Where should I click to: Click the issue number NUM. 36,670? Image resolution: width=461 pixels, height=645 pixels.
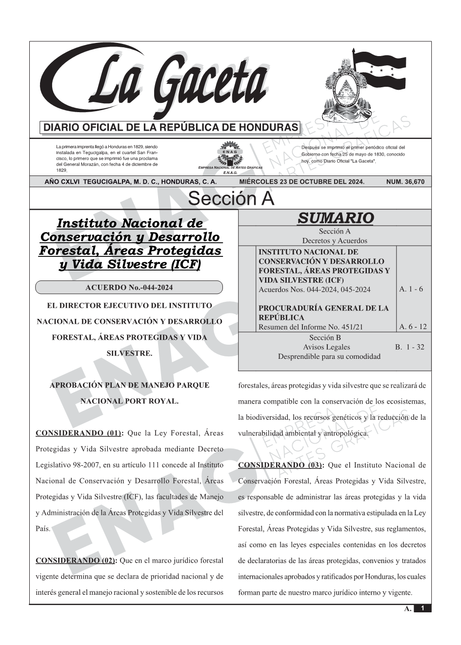[405, 182]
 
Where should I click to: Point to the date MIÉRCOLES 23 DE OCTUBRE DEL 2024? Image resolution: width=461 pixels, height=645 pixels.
[301, 182]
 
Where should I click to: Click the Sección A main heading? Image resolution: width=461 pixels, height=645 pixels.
[231, 199]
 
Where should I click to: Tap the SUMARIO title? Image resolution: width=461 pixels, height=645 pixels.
[335, 218]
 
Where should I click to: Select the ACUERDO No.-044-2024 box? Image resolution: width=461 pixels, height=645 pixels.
[129, 288]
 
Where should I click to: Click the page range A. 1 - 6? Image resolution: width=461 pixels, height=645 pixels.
[411, 289]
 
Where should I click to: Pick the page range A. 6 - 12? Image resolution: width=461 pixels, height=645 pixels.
[413, 327]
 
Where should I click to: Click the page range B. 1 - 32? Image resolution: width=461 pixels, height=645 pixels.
[409, 347]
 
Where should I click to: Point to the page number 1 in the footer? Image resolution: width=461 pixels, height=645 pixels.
[422, 608]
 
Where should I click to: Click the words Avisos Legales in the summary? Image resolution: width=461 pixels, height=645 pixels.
[326, 347]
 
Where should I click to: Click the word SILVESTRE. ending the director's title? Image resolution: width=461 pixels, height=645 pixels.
[129, 353]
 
